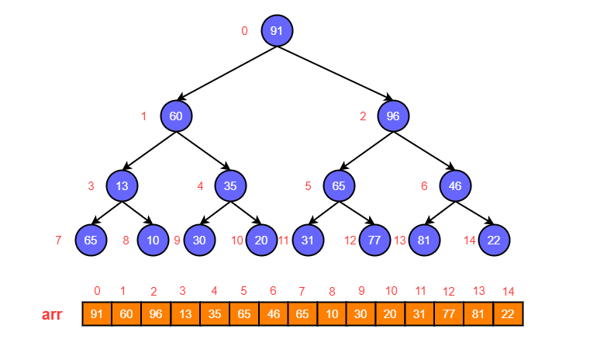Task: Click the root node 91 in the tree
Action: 277,31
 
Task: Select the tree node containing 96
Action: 393,116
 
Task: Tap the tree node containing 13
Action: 122,186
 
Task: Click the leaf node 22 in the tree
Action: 494,240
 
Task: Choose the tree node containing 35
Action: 230,186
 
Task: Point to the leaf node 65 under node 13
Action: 91,240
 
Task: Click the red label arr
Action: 52,315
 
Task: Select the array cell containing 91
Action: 97,314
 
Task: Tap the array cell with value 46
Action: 273,314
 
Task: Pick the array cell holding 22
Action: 508,314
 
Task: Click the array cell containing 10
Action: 332,314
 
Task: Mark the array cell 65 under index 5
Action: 243,314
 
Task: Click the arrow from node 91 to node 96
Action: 335,74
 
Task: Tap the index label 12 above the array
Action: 449,292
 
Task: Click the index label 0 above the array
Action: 97,291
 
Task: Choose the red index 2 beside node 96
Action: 363,117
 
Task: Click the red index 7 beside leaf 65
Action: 58,241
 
